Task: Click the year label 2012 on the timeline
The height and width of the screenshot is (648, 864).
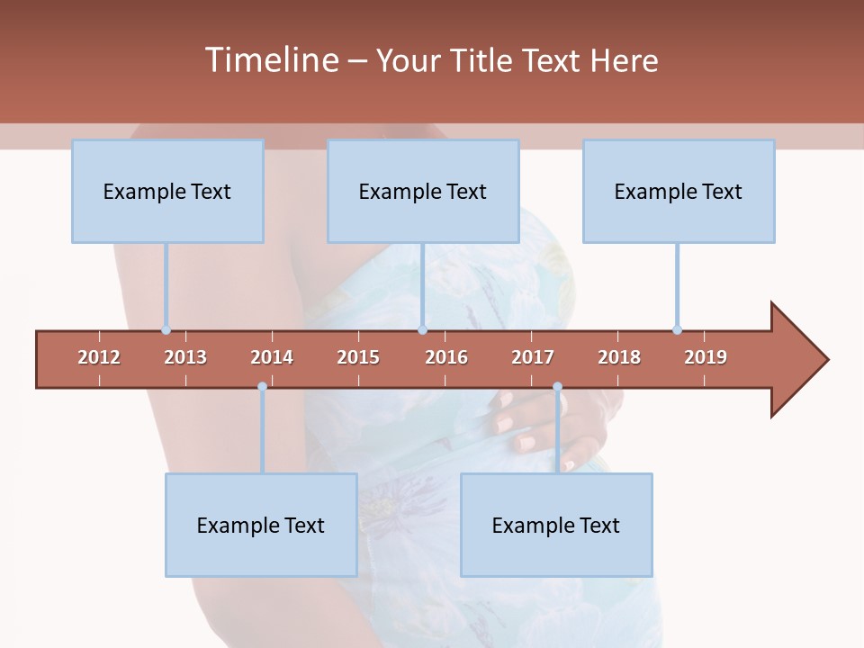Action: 99,357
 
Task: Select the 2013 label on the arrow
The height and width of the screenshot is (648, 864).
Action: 185,357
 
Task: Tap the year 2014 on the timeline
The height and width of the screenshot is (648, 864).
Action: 272,357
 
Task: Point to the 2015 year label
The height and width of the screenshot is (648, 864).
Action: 358,357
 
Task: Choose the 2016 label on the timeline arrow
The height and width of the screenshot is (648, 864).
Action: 446,357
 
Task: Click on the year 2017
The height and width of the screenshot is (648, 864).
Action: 533,357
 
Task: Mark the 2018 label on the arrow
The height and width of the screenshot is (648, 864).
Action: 619,357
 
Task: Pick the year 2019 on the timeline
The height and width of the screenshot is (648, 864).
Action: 706,357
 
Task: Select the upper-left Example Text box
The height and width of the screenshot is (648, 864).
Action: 167,191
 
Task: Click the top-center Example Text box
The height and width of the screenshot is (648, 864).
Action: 423,191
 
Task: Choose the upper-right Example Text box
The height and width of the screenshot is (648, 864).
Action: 679,191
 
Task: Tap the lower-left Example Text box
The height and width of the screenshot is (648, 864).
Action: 261,525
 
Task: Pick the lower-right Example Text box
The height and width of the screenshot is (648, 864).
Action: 556,525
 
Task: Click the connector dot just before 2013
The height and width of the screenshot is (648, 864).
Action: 166,330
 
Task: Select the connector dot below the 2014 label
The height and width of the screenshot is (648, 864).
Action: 262,387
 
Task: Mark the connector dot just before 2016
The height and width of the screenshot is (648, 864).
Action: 422,330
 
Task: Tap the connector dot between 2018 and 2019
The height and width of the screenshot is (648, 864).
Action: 677,330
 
